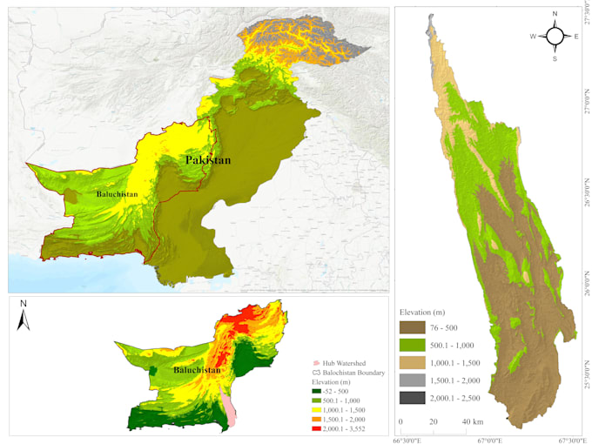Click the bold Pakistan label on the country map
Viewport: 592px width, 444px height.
(207, 160)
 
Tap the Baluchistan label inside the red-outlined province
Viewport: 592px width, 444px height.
(118, 193)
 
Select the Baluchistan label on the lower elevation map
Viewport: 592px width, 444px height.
(197, 369)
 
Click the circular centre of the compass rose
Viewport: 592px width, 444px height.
(555, 36)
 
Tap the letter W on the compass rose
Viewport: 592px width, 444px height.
(533, 37)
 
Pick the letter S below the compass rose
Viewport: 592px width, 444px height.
(555, 58)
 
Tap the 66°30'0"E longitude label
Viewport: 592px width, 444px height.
(407, 440)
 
